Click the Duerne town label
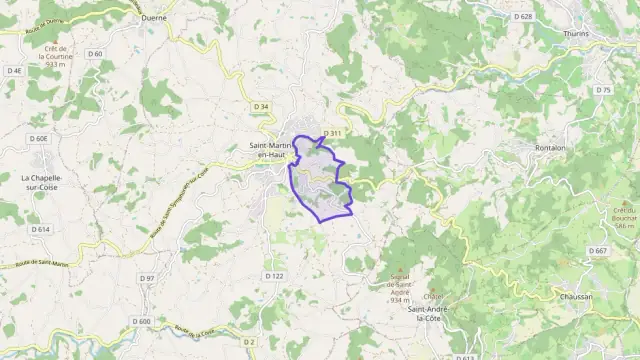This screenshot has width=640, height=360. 154,18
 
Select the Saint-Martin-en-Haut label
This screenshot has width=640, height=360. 269,149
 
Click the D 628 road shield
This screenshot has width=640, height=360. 523,17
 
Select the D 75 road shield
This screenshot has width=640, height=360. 602,90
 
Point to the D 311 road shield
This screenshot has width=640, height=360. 333,133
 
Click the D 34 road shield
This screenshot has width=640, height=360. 261,106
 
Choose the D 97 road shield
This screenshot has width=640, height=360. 147,278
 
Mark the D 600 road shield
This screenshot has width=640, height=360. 141,321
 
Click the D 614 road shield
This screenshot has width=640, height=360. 40,229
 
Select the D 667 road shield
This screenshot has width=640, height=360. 598,250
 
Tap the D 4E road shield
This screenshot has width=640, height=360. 14,71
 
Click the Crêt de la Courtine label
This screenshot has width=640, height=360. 55,56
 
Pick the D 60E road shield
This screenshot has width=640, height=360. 39,139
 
